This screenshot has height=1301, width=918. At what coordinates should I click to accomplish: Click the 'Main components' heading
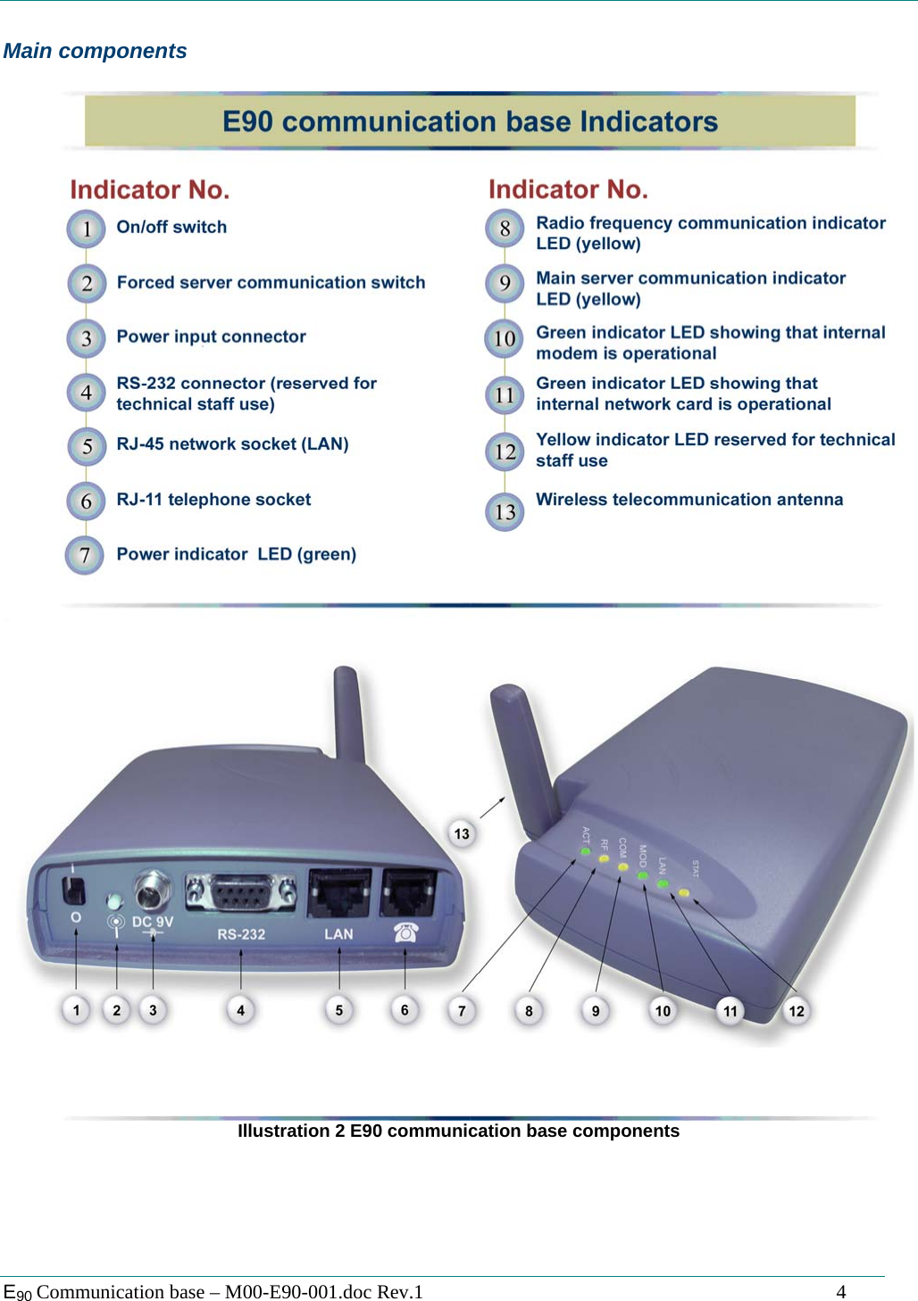(x=95, y=51)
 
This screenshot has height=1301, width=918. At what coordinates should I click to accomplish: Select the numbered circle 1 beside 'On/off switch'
(x=86, y=228)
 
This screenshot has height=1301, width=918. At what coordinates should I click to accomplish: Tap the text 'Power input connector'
(x=211, y=336)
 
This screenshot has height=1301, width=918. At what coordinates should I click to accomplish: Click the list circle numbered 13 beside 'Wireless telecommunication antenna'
(x=505, y=511)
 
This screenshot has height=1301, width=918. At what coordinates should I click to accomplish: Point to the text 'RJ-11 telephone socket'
(x=213, y=500)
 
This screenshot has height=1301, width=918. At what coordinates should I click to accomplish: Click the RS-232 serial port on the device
(x=240, y=891)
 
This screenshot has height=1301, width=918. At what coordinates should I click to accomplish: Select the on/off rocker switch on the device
(x=75, y=889)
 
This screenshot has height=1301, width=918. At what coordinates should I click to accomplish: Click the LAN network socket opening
(x=339, y=892)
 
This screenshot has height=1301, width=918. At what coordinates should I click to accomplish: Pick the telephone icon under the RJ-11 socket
(x=405, y=932)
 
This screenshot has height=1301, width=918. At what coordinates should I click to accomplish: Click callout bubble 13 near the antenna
(x=462, y=833)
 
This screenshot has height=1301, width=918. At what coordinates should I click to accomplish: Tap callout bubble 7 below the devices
(x=462, y=1010)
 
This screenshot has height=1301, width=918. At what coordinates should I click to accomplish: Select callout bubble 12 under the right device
(x=797, y=1010)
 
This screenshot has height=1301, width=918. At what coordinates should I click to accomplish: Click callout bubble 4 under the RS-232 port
(x=240, y=1010)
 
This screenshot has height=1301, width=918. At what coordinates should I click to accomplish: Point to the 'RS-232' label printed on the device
(x=241, y=934)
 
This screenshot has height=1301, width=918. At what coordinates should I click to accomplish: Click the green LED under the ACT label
(x=586, y=851)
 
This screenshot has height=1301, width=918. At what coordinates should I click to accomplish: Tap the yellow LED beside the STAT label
(x=684, y=892)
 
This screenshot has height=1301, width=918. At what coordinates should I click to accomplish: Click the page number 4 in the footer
(x=840, y=1291)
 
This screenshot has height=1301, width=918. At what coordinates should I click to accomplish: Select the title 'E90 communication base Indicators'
(x=470, y=121)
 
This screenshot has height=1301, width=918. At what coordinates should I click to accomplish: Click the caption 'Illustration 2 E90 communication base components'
(x=458, y=1131)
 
